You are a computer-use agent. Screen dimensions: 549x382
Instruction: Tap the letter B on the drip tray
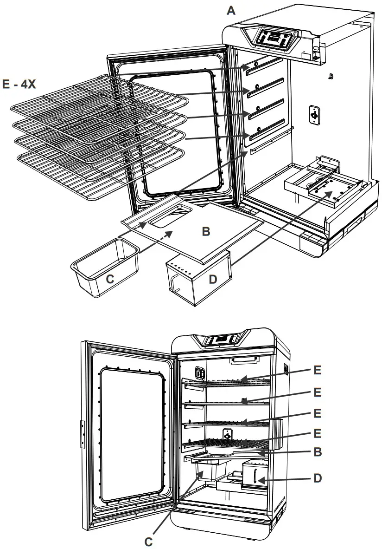[206, 231]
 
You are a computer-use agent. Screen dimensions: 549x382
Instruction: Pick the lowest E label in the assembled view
[317, 433]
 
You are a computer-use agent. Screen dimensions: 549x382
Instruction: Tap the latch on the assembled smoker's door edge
[82, 434]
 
